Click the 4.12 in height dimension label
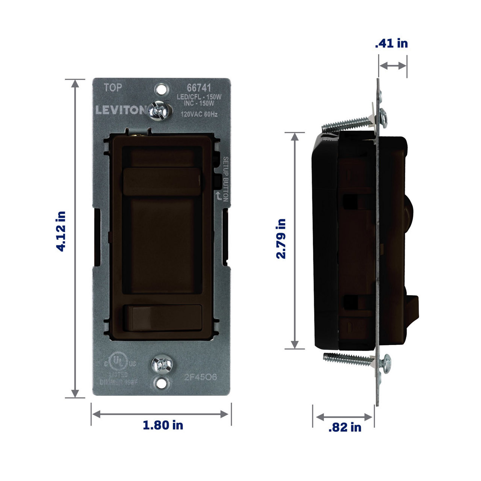click(x=61, y=231)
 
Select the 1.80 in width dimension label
click(x=163, y=425)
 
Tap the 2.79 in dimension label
click(x=281, y=239)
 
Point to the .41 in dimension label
click(x=391, y=44)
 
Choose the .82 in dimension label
click(x=345, y=427)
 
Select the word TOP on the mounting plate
click(x=113, y=88)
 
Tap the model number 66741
click(x=199, y=89)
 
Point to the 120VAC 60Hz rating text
click(x=199, y=114)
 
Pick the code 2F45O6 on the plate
click(x=201, y=377)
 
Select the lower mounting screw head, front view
click(x=162, y=365)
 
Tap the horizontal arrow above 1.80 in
click(x=160, y=414)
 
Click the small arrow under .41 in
click(x=393, y=66)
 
